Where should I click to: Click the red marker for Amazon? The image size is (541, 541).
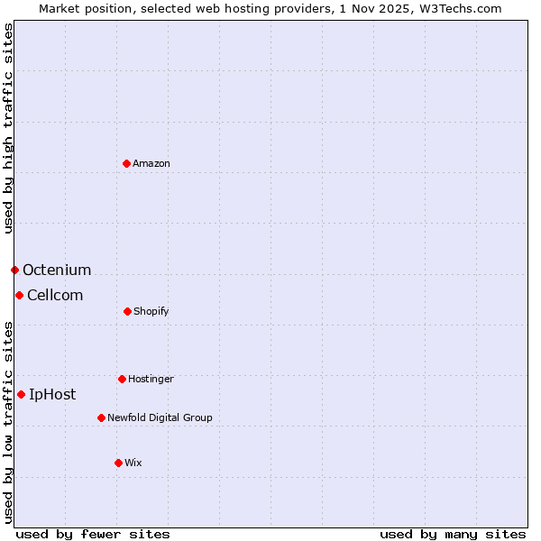pos(127,163)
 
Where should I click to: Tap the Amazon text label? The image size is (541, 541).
pos(151,163)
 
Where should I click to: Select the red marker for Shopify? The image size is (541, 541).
pos(127,311)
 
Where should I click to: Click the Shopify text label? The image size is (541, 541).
pos(151,311)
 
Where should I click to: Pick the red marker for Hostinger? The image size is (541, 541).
pos(122,379)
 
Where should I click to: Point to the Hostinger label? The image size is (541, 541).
pos(151,379)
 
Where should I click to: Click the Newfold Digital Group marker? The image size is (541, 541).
pos(101,417)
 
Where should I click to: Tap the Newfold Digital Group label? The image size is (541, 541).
pos(160,417)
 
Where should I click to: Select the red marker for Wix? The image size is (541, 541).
pos(118,463)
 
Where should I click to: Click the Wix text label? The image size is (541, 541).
pos(133,463)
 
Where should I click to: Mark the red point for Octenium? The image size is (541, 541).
pos(14,270)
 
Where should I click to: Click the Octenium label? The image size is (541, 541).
pos(57,270)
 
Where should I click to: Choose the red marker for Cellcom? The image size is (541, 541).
pos(19,295)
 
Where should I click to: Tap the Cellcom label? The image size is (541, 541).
pos(55,295)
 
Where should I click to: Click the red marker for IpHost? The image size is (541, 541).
pos(21,394)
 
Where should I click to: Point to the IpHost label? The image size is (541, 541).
pos(52,394)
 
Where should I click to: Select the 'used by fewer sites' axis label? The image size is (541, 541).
pos(93,534)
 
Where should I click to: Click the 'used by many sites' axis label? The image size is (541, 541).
pos(453,534)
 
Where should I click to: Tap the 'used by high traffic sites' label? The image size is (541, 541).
pos(8,128)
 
